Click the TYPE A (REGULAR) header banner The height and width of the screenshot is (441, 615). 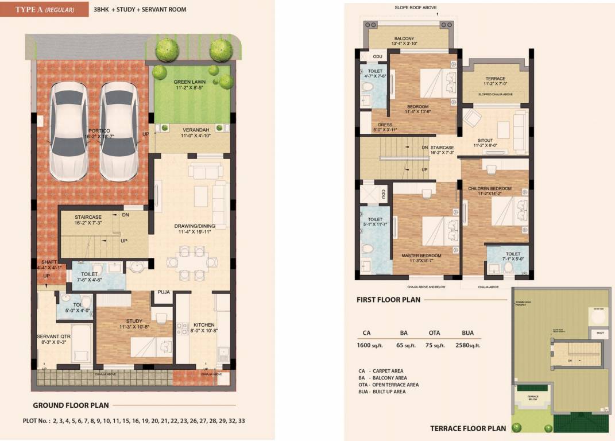(x=44, y=9)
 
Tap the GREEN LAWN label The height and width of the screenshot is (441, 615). (x=190, y=82)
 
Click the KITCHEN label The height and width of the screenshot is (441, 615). (x=204, y=324)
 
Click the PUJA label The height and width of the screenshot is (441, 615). (x=164, y=292)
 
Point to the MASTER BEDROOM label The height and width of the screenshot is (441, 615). (x=421, y=255)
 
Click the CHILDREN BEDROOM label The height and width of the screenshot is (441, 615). (x=489, y=188)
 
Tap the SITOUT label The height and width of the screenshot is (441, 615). (x=485, y=140)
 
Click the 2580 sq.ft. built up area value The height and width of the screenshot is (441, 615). (x=467, y=345)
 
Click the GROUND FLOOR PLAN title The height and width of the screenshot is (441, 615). (x=71, y=405)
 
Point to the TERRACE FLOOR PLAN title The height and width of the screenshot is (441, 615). (x=468, y=428)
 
